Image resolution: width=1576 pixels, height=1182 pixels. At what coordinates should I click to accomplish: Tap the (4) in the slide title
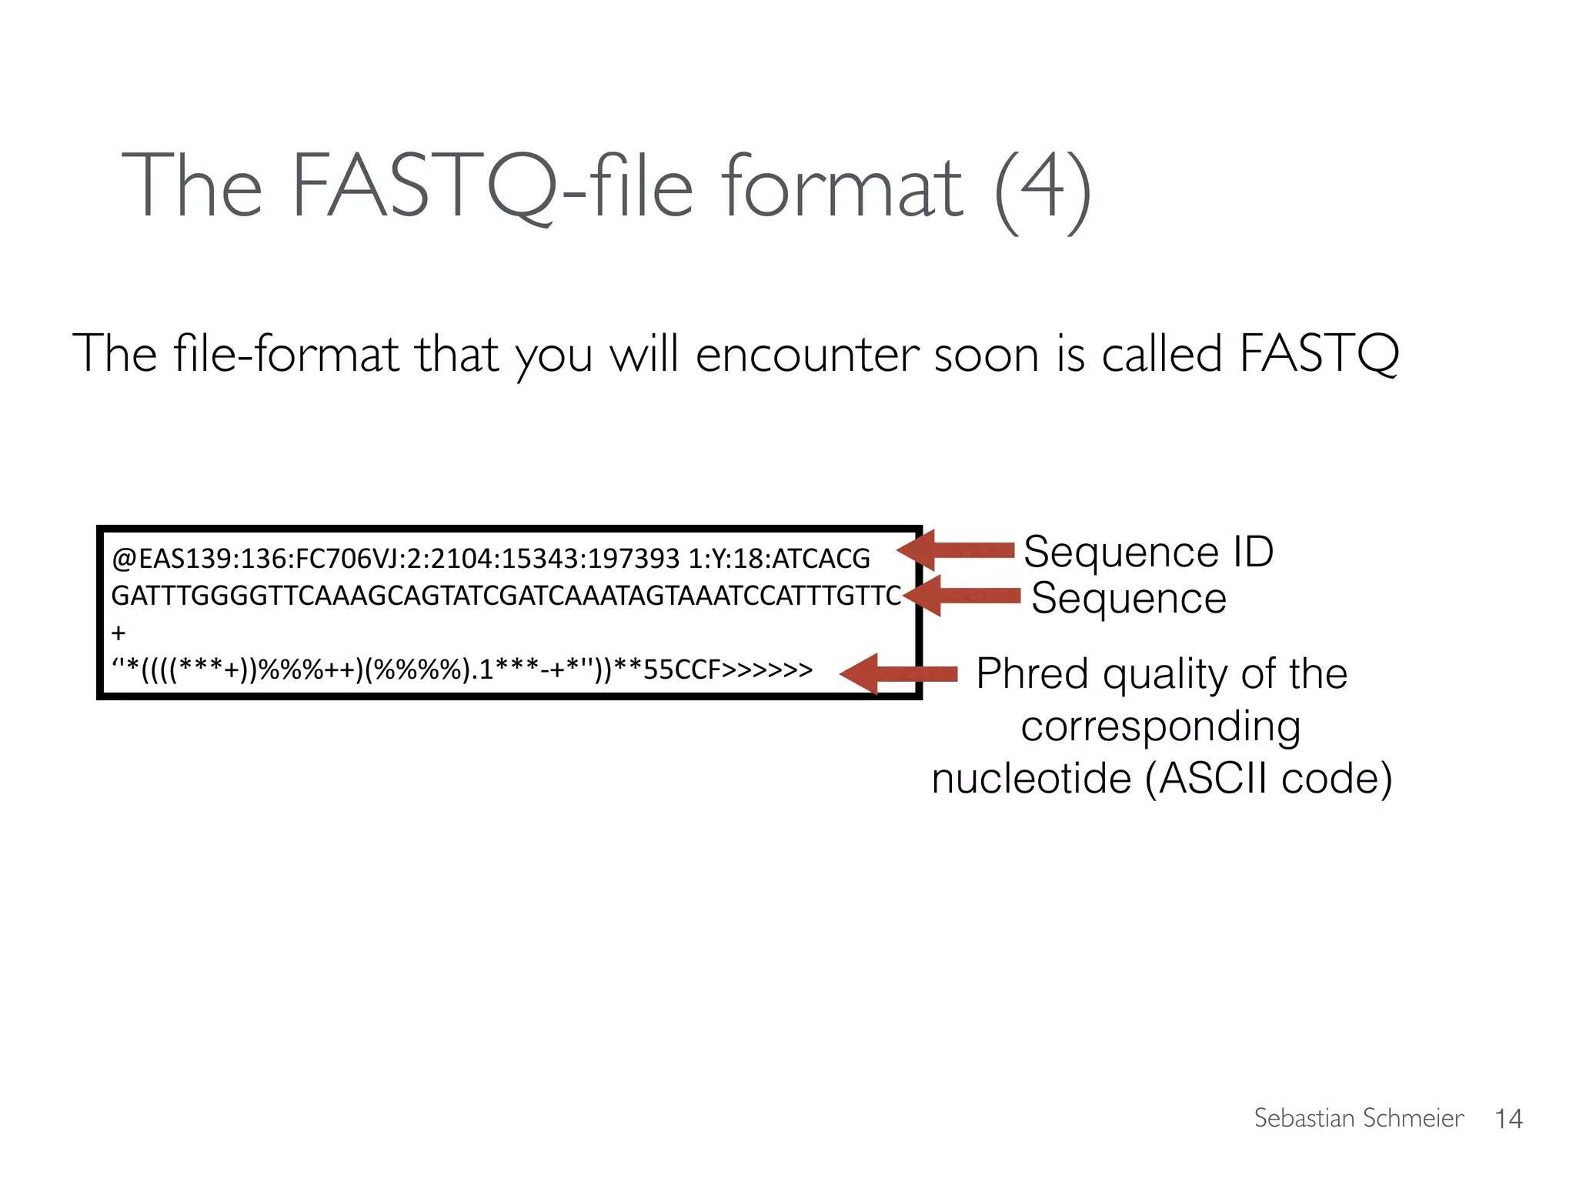[1043, 189]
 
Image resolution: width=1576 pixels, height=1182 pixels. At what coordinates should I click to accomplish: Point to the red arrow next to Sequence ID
[957, 549]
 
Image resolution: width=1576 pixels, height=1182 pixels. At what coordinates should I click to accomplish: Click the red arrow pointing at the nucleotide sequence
[962, 595]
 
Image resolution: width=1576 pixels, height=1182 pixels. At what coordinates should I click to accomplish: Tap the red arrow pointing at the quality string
[899, 674]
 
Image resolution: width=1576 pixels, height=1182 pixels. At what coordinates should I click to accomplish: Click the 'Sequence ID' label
[1148, 551]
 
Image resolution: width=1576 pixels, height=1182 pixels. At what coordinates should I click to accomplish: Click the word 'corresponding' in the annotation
[1160, 726]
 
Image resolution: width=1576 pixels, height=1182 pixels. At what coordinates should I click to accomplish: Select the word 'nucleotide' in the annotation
[1031, 778]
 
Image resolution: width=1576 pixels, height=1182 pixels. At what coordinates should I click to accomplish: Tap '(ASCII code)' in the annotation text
[1269, 778]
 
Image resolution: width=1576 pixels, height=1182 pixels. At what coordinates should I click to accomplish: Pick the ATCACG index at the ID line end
[820, 559]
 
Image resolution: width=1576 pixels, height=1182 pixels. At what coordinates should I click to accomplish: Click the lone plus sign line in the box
[119, 633]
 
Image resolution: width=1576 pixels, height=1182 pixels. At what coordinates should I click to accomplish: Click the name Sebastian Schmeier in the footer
[1358, 1117]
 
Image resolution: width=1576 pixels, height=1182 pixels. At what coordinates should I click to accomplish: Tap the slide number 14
[1508, 1118]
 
